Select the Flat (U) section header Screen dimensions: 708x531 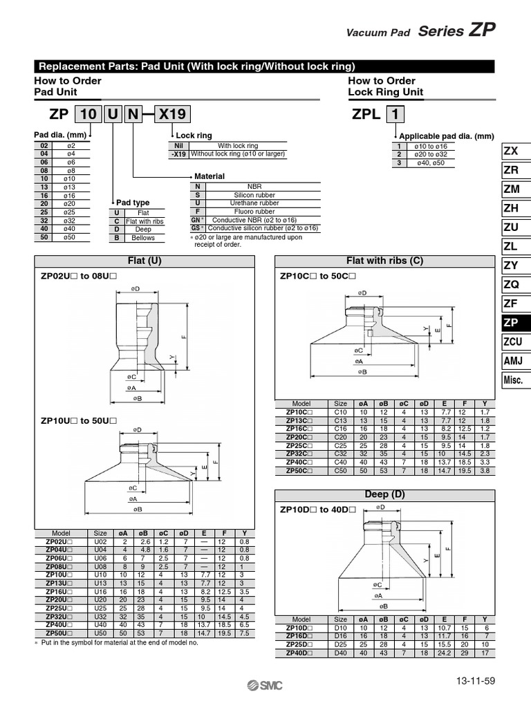coord(145,261)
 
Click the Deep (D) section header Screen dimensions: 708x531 coord(385,494)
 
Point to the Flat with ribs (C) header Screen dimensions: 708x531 coord(385,261)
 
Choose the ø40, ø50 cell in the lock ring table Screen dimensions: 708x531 coord(430,162)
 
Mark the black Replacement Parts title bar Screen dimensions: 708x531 coord(265,66)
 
